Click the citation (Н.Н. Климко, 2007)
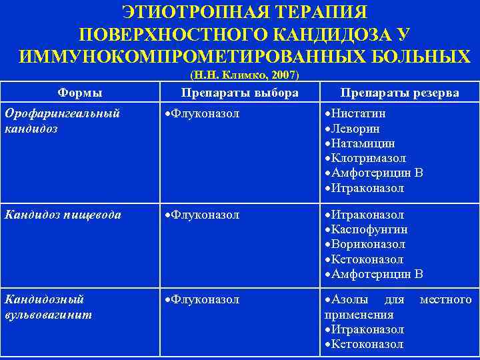coord(245,75)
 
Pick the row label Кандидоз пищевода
coord(63,215)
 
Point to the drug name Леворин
coord(355,129)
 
